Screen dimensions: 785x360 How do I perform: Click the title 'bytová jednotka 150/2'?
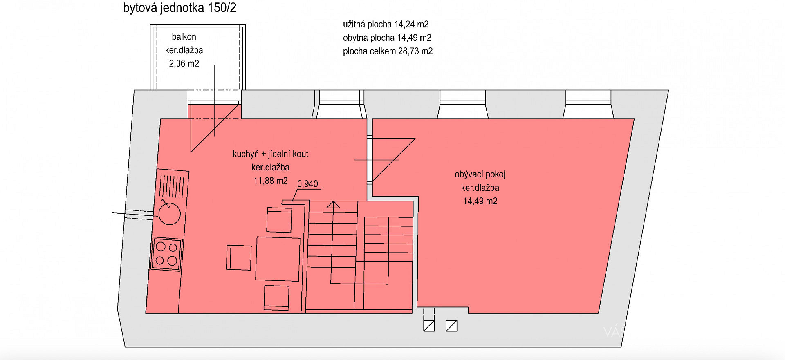(179, 8)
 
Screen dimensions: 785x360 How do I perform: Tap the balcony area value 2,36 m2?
(184, 64)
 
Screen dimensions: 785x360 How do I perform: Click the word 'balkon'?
(184, 37)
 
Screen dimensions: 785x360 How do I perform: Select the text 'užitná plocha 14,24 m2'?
(386, 25)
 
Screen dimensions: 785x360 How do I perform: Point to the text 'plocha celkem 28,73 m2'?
(388, 51)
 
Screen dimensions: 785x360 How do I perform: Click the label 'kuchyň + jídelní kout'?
(270, 154)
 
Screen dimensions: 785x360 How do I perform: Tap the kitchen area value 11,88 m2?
(270, 181)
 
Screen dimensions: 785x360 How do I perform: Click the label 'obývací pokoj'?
(480, 174)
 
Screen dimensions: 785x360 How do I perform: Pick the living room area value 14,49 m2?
(480, 201)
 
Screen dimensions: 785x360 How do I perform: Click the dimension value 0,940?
(307, 184)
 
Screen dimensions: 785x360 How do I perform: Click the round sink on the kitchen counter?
(169, 213)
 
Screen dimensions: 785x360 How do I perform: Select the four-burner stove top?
(166, 254)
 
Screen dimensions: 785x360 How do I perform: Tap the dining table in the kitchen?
(278, 259)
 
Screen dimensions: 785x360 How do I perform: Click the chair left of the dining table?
(239, 257)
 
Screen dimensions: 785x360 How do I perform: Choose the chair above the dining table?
(279, 220)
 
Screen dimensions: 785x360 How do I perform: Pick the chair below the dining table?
(276, 297)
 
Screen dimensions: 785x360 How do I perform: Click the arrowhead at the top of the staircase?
(333, 205)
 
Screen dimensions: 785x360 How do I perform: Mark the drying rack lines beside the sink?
(172, 186)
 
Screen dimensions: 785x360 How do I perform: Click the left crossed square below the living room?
(429, 326)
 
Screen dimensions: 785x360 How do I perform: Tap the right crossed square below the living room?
(451, 326)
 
